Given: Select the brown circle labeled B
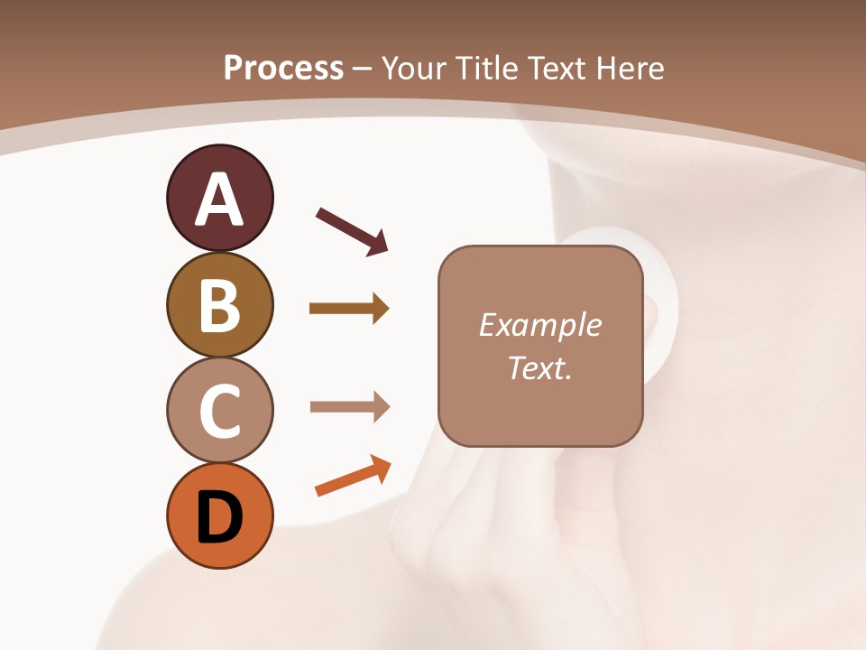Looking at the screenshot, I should [219, 305].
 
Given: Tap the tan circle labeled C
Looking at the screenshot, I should [219, 411].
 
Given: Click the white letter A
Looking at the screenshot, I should [219, 200].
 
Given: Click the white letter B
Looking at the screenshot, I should [219, 307].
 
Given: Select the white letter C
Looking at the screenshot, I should [219, 412].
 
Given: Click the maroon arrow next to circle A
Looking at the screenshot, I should [351, 230].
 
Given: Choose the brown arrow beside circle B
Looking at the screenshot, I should [348, 309].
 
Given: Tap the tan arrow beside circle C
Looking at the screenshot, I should [349, 407].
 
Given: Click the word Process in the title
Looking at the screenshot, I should [283, 69].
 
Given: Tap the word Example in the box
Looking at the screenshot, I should [539, 325].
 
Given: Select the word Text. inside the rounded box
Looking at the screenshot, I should [539, 367].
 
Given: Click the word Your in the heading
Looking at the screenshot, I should [412, 69].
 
